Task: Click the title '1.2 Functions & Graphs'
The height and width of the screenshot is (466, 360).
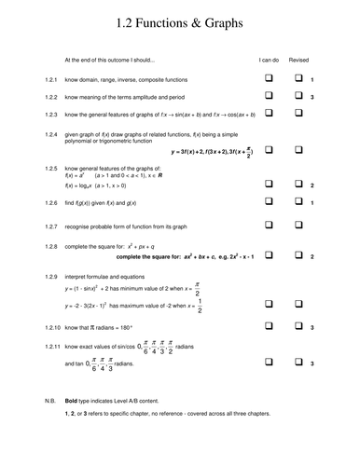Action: click(x=179, y=22)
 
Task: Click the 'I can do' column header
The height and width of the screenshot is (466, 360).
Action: click(x=269, y=59)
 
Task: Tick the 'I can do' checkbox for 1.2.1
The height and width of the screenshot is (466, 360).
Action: click(x=269, y=78)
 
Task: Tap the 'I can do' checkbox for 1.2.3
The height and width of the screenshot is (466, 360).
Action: click(x=269, y=114)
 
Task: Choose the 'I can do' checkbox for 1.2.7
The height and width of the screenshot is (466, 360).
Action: click(x=269, y=226)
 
